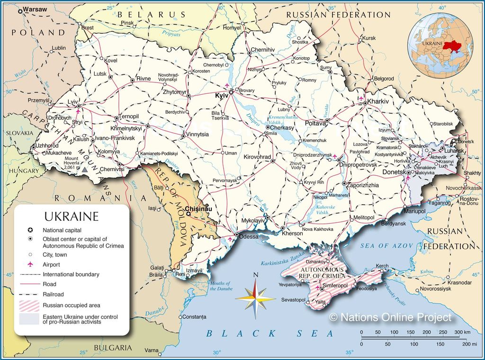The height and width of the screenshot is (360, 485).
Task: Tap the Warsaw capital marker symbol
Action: (x=20, y=9)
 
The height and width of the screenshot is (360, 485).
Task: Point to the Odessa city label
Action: (x=248, y=236)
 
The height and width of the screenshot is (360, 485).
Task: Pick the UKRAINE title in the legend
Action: (x=72, y=216)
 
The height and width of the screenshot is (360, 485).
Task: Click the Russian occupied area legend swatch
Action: (x=29, y=305)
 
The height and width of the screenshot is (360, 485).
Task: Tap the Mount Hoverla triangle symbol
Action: (x=84, y=169)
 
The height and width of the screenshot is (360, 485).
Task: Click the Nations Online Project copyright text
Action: (x=390, y=317)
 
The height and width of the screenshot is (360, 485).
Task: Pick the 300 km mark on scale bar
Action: (x=462, y=333)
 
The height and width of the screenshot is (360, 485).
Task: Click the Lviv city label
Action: (x=72, y=102)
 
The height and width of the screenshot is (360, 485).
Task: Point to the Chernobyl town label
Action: (x=213, y=65)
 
